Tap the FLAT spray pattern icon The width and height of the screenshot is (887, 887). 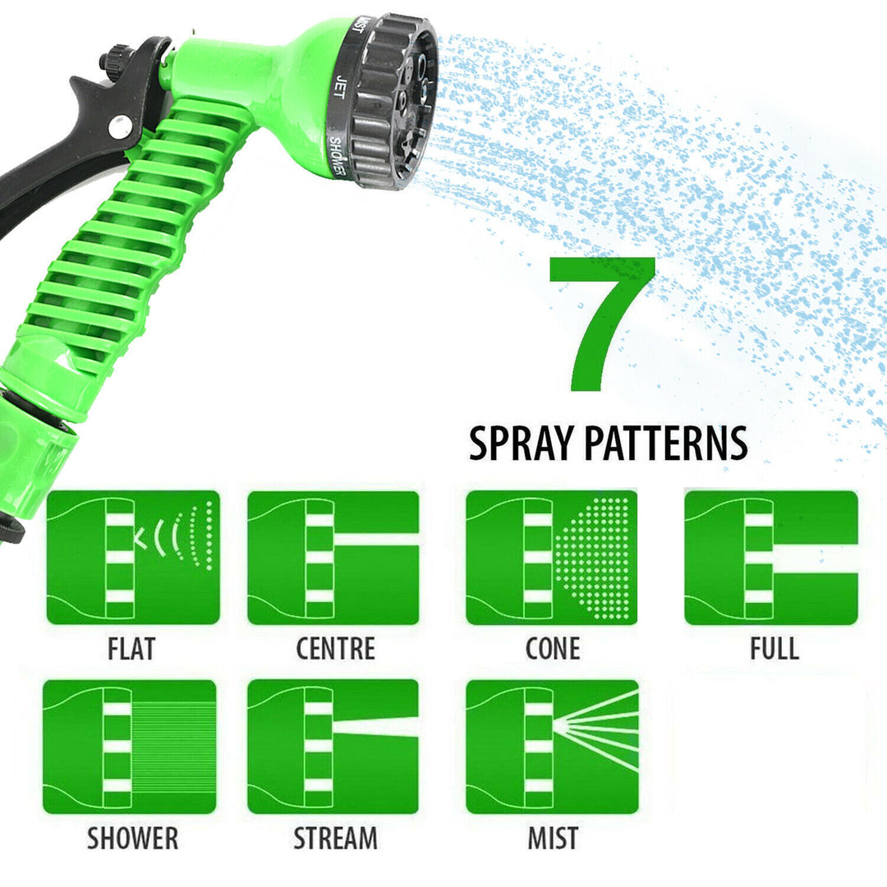(133, 557)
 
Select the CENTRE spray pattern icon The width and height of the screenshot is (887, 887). (333, 557)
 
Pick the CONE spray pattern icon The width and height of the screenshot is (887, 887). (551, 557)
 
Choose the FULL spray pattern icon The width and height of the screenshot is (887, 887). (770, 557)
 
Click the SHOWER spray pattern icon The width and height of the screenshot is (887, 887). (130, 747)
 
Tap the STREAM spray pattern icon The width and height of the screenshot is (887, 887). (333, 747)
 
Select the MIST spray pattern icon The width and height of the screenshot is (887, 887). (551, 747)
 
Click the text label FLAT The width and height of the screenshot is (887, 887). (131, 649)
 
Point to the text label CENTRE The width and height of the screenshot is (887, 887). (335, 649)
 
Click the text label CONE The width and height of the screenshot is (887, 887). (552, 649)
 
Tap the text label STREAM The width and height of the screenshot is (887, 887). (335, 839)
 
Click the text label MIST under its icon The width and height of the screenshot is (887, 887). (552, 839)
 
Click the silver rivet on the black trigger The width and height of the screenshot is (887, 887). (120, 126)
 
